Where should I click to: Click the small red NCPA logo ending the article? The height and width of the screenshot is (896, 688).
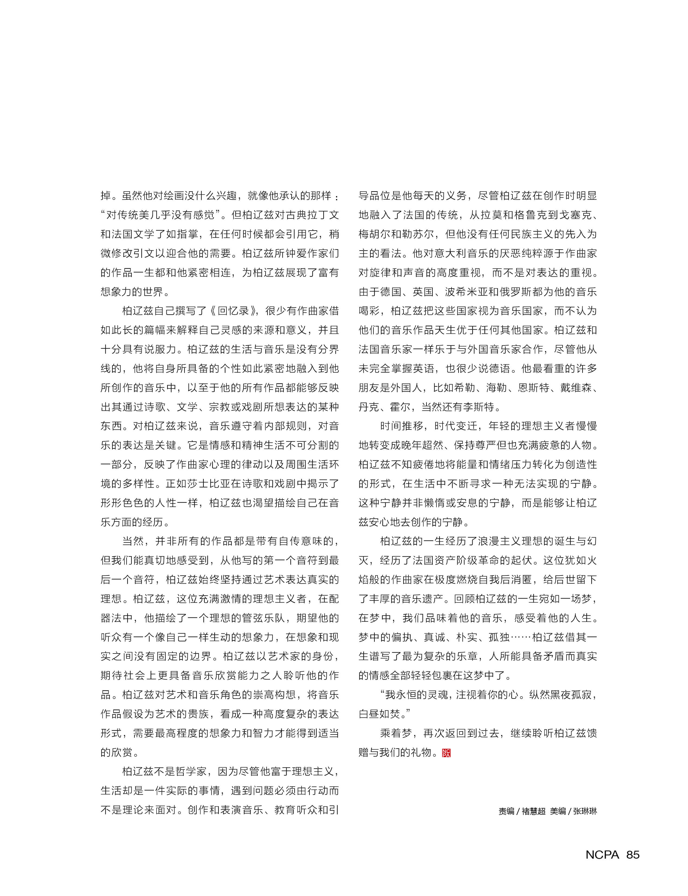click(446, 753)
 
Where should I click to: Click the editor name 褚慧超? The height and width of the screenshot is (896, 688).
click(534, 811)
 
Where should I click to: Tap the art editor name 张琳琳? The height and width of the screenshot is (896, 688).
click(585, 811)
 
